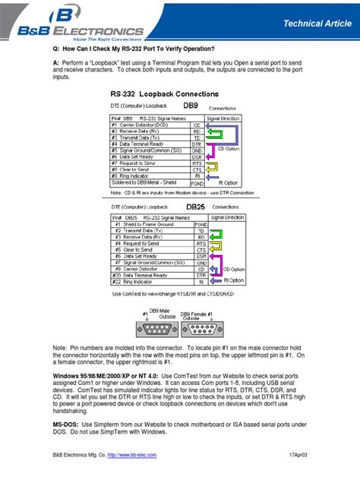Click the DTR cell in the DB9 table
tap(197, 144)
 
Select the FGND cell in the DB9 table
tap(197, 183)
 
